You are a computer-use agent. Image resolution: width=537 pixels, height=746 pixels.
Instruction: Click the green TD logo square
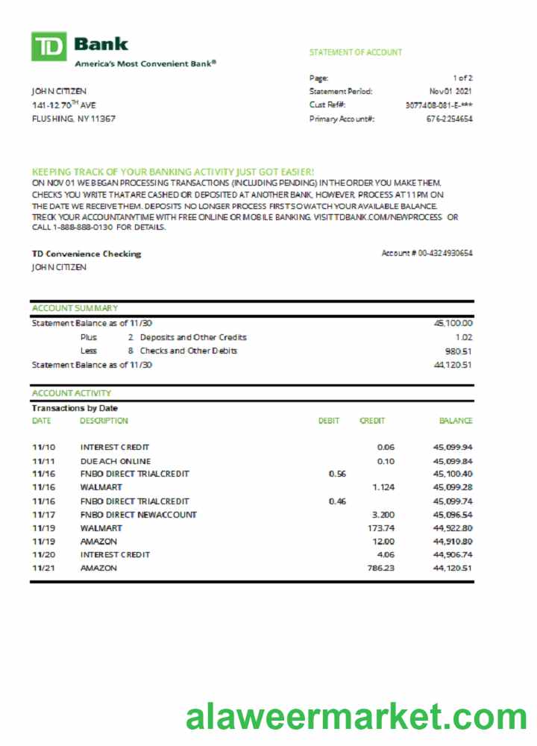[x=48, y=46]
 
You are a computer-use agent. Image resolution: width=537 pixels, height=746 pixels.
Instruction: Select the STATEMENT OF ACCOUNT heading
[x=355, y=52]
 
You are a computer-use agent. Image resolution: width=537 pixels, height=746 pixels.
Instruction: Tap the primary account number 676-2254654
[x=449, y=119]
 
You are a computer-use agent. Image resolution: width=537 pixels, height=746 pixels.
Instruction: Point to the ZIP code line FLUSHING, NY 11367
[x=73, y=119]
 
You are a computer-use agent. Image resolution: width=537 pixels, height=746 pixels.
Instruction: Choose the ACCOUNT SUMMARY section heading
[x=75, y=308]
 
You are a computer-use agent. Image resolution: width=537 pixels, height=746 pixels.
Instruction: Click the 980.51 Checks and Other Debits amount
[x=459, y=351]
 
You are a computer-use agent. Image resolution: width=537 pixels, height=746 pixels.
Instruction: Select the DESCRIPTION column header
[x=104, y=421]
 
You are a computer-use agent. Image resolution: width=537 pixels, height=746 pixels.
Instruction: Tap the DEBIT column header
[x=329, y=421]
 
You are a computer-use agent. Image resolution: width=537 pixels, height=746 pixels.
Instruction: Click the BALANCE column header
[x=455, y=421]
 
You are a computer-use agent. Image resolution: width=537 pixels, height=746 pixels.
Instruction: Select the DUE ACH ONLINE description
[x=115, y=461]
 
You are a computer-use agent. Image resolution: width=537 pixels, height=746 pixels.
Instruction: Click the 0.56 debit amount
[x=337, y=474]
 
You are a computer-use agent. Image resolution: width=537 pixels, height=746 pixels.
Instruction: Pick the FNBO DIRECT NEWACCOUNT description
[x=139, y=515]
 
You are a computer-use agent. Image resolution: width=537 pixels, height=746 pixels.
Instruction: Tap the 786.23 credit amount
[x=380, y=568]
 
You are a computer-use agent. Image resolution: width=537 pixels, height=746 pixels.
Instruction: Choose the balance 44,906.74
[x=453, y=555]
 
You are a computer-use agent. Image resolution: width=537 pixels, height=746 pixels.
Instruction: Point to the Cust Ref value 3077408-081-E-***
[x=439, y=105]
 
